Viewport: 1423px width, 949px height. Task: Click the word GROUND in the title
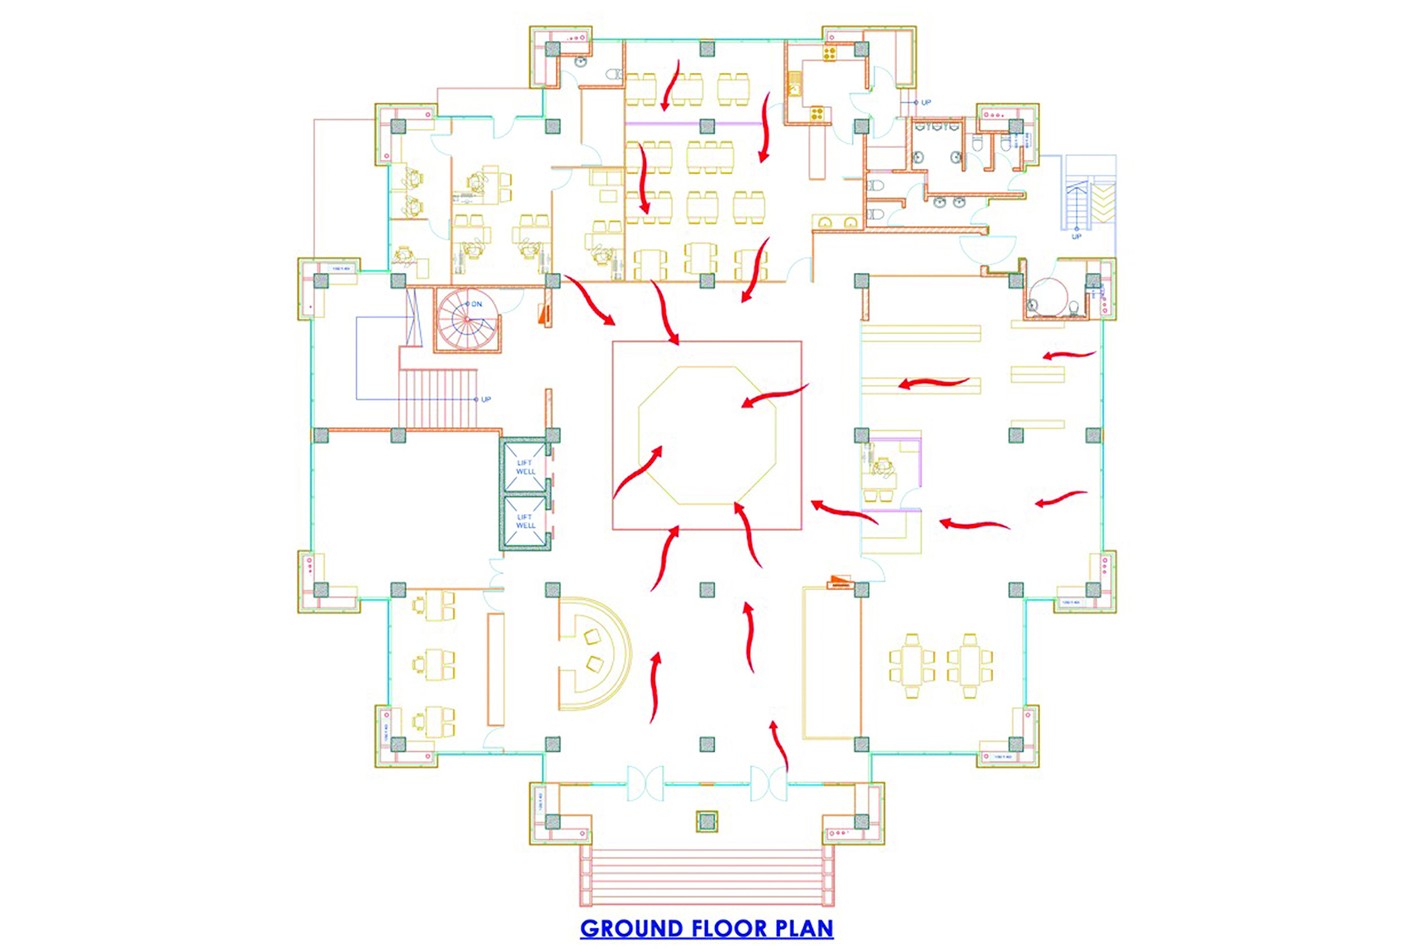pyautogui.click(x=632, y=929)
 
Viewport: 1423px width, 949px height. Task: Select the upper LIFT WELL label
pyautogui.click(x=525, y=467)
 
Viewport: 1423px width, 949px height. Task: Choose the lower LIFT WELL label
pyautogui.click(x=525, y=521)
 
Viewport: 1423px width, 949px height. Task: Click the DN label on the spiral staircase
pyautogui.click(x=477, y=304)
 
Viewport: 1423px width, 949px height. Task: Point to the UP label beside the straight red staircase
pyautogui.click(x=486, y=399)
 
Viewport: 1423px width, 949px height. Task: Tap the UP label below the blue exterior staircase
pyautogui.click(x=1077, y=235)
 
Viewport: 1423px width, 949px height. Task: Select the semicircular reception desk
pyautogui.click(x=593, y=653)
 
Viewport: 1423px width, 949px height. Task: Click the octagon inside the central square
pyautogui.click(x=707, y=435)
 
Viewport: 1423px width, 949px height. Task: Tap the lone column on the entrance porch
pyautogui.click(x=707, y=822)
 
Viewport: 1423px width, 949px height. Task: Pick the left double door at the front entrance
pyautogui.click(x=646, y=783)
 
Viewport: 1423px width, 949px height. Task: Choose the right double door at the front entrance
pyautogui.click(x=769, y=783)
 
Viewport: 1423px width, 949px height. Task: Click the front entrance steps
pyautogui.click(x=707, y=876)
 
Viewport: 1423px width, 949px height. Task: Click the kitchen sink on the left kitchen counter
pyautogui.click(x=795, y=88)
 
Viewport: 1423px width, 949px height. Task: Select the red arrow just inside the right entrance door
pyautogui.click(x=779, y=745)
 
